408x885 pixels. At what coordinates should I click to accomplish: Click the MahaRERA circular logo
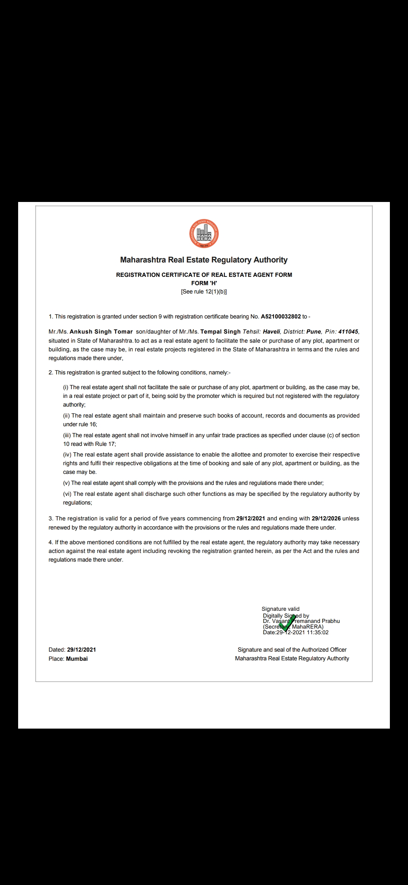[204, 234]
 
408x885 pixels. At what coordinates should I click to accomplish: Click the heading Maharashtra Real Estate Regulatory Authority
[204, 260]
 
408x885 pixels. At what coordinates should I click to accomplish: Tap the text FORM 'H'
[204, 283]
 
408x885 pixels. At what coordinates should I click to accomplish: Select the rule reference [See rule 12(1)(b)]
[204, 292]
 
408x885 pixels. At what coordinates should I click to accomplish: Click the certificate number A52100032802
[281, 317]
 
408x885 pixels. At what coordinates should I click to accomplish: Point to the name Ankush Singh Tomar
[101, 332]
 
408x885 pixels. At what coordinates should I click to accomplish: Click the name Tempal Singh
[220, 332]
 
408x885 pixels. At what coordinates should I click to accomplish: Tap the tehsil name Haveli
[271, 332]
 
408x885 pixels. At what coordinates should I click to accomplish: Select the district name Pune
[314, 332]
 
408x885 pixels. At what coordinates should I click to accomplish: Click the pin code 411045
[348, 332]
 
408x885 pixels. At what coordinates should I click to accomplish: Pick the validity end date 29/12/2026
[326, 519]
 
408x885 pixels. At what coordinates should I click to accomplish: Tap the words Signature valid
[280, 609]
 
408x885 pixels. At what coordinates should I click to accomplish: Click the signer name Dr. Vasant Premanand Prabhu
[301, 621]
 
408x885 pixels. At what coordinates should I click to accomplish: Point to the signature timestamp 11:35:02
[318, 632]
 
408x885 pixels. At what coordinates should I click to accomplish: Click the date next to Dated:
[81, 650]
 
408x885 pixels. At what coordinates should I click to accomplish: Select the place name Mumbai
[77, 659]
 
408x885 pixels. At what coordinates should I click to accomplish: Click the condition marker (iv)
[67, 455]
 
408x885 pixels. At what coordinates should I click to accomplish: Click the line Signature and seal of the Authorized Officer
[292, 650]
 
